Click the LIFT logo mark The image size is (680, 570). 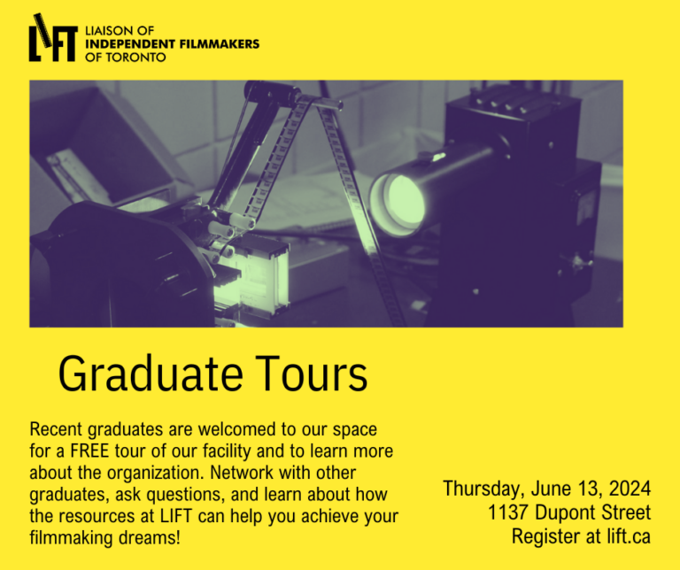(x=52, y=39)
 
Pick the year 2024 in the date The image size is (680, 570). (x=630, y=489)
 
